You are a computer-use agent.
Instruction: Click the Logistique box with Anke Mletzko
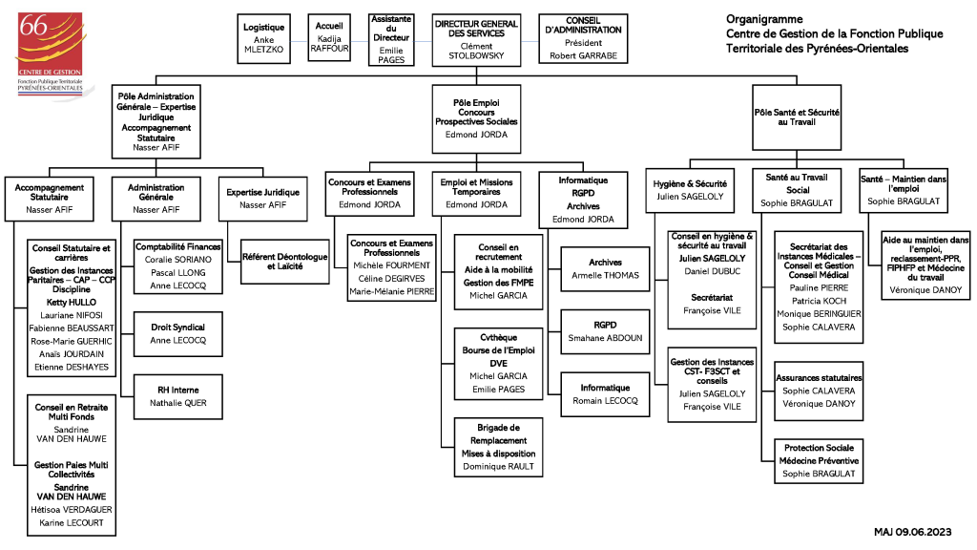[x=264, y=40]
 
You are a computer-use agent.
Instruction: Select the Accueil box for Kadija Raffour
[x=329, y=39]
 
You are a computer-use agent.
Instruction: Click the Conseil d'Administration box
[x=583, y=39]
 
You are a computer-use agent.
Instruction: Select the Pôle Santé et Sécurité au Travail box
[x=797, y=117]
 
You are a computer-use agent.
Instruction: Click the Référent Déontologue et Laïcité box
[x=284, y=262]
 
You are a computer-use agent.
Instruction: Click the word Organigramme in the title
[x=764, y=19]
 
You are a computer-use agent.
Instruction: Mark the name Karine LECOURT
[x=71, y=523]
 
